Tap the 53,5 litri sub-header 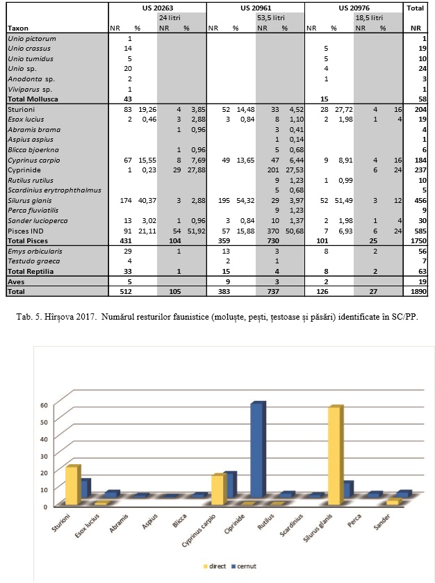coord(271,17)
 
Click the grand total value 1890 coord(419,293)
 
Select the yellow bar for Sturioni coord(71,485)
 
